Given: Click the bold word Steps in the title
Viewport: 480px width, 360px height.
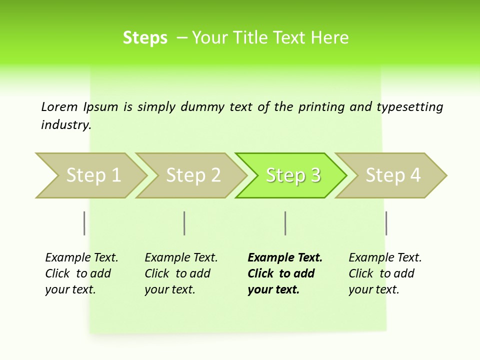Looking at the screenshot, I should [145, 38].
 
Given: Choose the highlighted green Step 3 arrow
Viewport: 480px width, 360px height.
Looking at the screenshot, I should [291, 175].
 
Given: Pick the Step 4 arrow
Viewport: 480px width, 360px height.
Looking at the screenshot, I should [391, 175].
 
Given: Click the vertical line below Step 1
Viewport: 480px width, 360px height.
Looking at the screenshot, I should [84, 223].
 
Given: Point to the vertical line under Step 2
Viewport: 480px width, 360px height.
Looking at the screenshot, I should [184, 223].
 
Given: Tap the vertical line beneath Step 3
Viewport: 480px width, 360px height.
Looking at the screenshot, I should [285, 223].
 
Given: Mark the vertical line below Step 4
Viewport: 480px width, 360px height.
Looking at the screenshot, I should [386, 223].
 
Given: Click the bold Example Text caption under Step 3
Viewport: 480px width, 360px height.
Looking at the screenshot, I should [284, 273].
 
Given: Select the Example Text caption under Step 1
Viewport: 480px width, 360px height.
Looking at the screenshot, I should [81, 273].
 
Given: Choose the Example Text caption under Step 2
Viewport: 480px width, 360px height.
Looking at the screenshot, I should [180, 273].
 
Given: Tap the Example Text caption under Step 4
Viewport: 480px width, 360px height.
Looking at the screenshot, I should [384, 273].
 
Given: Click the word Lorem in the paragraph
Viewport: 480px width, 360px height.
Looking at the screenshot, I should [59, 107].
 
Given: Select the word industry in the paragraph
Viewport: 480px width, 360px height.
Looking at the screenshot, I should [66, 125].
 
